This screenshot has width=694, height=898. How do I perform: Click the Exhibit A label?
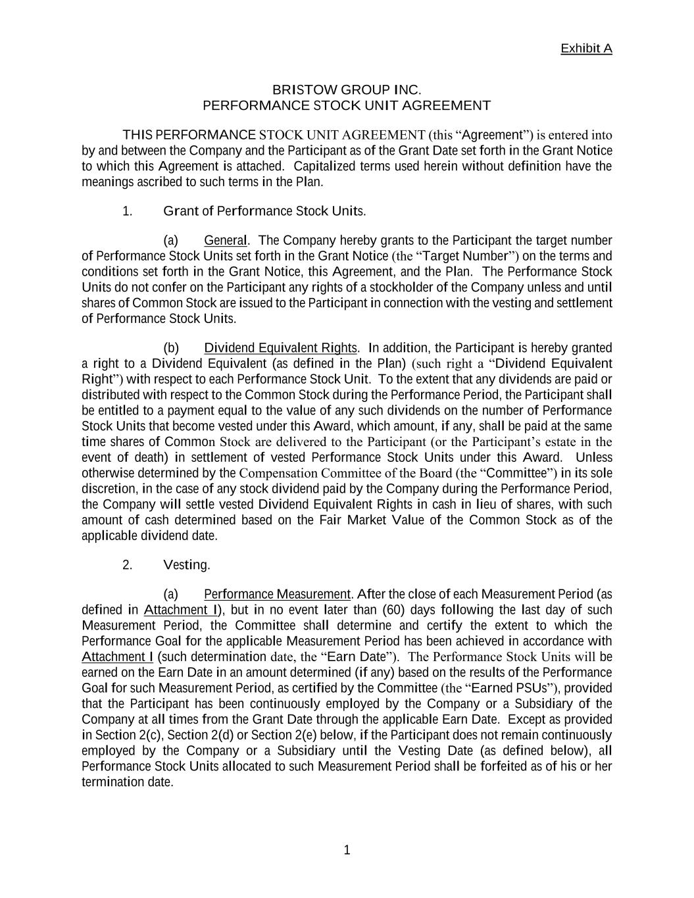(x=586, y=49)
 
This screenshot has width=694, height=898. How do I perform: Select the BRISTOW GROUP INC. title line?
(x=347, y=89)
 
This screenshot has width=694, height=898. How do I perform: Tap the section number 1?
(x=128, y=211)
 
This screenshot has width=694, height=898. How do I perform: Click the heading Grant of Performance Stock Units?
(x=264, y=211)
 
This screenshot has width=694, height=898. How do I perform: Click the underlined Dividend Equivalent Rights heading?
(x=281, y=347)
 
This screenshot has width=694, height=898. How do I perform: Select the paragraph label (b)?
(x=171, y=347)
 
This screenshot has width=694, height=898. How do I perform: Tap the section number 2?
(x=128, y=565)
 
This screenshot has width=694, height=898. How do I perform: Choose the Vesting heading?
(x=186, y=565)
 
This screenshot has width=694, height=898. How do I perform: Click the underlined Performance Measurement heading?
(x=278, y=594)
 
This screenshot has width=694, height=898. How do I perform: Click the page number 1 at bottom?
(x=347, y=851)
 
